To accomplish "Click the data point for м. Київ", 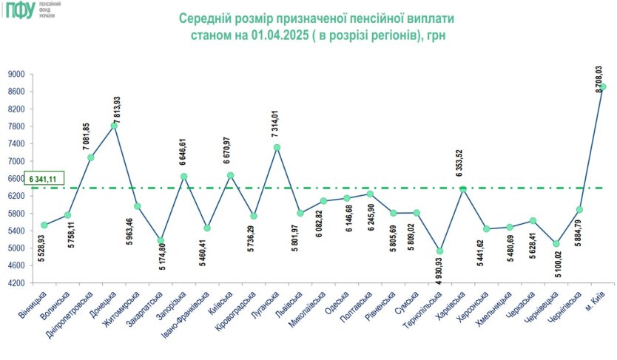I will click(x=603, y=87).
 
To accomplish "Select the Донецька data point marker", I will click(x=114, y=126).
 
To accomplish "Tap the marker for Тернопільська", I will click(x=440, y=251).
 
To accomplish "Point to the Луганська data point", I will click(x=277, y=147).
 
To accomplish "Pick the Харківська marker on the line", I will click(x=463, y=189).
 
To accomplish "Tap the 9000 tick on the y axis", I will click(x=17, y=75).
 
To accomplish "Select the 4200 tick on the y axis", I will click(x=17, y=283).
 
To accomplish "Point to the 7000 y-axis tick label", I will click(x=17, y=161).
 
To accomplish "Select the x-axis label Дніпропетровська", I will click(x=74, y=314).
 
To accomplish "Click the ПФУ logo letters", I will click(x=20, y=10).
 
